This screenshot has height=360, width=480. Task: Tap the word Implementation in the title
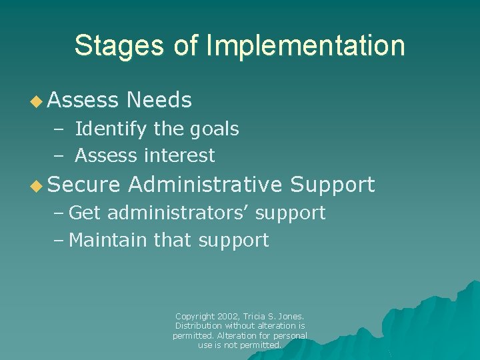pos(305,46)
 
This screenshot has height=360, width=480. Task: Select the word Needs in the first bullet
pos(159,101)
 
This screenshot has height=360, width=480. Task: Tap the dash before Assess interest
pos(58,156)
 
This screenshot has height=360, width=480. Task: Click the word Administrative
pos(205,185)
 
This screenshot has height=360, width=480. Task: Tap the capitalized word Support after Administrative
pos(333,185)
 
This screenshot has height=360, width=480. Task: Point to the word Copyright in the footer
pos(195,316)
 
